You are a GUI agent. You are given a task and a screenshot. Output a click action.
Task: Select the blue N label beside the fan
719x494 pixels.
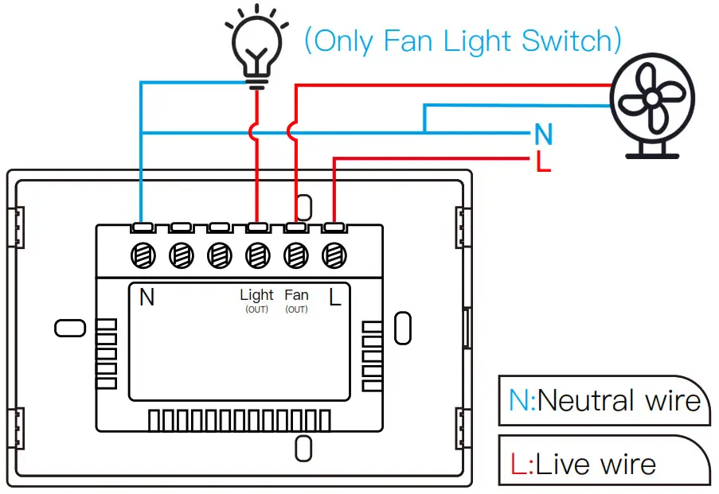[x=544, y=134]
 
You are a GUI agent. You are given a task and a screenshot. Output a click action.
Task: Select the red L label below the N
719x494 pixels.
[x=544, y=162]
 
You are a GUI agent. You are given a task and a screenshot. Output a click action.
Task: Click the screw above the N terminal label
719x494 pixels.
[x=143, y=255]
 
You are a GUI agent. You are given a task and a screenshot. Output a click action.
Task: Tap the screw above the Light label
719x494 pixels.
[x=256, y=255]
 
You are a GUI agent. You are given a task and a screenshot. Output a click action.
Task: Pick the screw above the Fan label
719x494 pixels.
[x=295, y=255]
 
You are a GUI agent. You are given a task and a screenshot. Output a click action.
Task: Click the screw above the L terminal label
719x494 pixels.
[x=333, y=255]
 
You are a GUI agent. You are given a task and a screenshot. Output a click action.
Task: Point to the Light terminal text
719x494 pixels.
[x=256, y=295]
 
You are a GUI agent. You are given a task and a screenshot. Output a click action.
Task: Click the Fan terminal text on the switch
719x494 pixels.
[x=296, y=295]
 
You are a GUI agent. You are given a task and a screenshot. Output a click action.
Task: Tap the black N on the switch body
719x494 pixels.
[x=147, y=298]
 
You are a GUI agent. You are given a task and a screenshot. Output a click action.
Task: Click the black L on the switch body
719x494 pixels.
[x=335, y=298]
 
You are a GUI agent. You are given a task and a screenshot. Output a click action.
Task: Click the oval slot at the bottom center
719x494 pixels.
[x=303, y=449]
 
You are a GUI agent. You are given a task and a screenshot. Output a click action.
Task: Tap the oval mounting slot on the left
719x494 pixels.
[x=68, y=328]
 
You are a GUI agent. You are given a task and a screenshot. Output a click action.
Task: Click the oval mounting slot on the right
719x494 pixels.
[x=403, y=327]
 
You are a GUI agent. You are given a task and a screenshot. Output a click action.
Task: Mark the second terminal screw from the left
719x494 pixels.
[x=181, y=255]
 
